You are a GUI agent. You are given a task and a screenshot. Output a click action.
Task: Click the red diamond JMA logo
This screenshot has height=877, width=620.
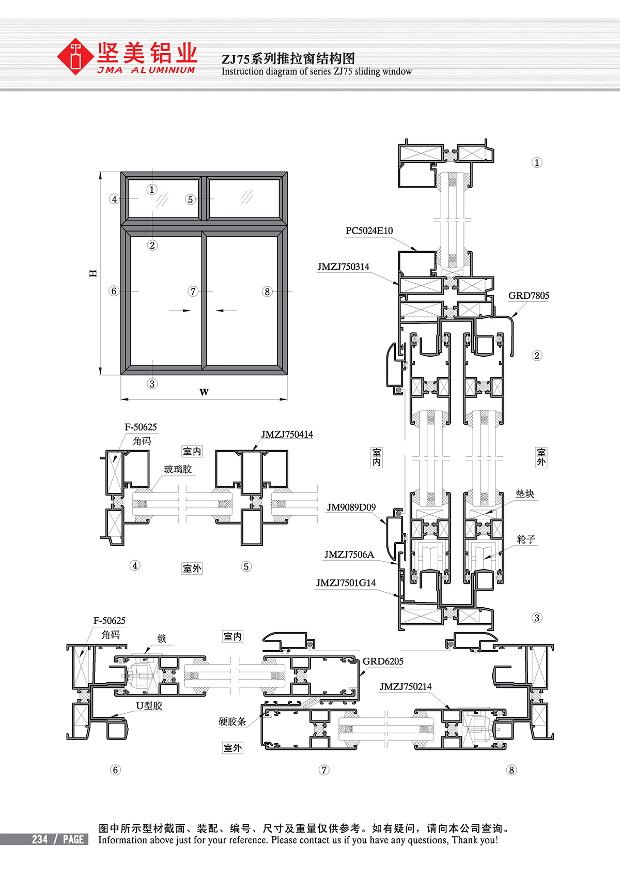pyautogui.click(x=75, y=56)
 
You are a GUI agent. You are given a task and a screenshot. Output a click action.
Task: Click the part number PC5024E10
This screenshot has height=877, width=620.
pyautogui.click(x=369, y=230)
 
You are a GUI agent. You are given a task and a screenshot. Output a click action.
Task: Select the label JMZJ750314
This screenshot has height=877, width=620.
pyautogui.click(x=343, y=267)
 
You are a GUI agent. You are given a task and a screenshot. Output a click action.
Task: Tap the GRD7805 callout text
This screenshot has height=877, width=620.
pyautogui.click(x=529, y=296)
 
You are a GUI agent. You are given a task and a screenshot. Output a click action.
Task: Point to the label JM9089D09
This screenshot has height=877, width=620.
pyautogui.click(x=351, y=507)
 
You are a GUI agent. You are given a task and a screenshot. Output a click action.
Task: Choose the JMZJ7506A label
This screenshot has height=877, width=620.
pyautogui.click(x=349, y=555)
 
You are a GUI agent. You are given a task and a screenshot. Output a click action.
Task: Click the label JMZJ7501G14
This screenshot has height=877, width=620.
pyautogui.click(x=346, y=583)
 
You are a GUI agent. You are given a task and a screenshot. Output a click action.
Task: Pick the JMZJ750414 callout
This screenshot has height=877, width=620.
pyautogui.click(x=287, y=434)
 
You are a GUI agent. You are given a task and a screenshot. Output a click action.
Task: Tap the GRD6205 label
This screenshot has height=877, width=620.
pyautogui.click(x=383, y=661)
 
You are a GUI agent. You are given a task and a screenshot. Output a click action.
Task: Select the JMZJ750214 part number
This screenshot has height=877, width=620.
pyautogui.click(x=406, y=686)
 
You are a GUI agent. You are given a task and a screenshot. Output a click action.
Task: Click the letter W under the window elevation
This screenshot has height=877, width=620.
pyautogui.click(x=204, y=392)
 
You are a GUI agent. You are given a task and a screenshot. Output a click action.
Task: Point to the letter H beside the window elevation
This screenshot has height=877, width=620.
pyautogui.click(x=93, y=273)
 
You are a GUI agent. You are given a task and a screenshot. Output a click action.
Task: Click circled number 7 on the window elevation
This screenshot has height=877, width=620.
pyautogui.click(x=193, y=291)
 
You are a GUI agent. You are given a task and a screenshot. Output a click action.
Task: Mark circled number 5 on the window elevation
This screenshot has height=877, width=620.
pyautogui.click(x=190, y=199)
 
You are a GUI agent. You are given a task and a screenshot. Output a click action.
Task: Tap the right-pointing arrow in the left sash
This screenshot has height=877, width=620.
pyautogui.click(x=180, y=311)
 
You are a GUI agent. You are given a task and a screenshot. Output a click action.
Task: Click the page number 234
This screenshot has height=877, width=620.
pyautogui.click(x=40, y=839)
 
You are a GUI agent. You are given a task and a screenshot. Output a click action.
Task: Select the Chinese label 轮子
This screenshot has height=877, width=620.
pyautogui.click(x=526, y=540)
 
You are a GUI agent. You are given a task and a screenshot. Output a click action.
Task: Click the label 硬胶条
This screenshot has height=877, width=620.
pyautogui.click(x=232, y=721)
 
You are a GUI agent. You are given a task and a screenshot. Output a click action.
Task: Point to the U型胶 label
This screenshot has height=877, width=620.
pyautogui.click(x=149, y=705)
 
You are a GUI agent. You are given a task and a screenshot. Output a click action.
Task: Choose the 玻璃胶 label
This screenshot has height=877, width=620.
pyautogui.click(x=178, y=469)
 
